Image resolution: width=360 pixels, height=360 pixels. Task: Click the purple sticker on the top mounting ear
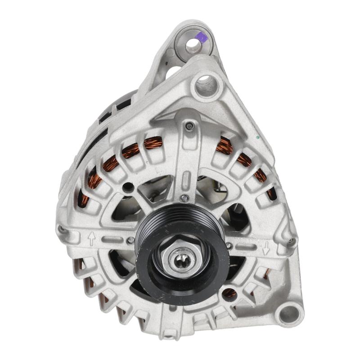[202, 37]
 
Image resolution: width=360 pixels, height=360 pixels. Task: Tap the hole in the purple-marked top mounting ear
[193, 45]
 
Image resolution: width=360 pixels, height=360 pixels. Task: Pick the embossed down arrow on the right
[266, 247]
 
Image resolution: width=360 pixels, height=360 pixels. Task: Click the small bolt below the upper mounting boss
[190, 126]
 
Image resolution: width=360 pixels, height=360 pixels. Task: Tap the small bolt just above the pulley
[183, 198]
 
